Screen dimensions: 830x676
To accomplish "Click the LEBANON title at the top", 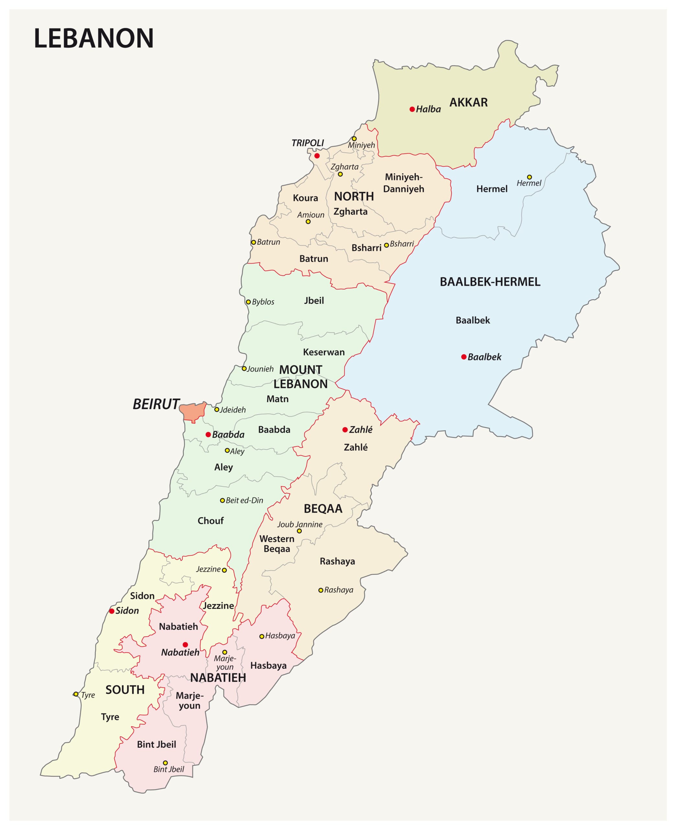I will point(94,39).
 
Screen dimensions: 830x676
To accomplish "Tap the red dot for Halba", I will point(412,109).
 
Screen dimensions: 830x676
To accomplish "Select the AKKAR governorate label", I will point(468,102).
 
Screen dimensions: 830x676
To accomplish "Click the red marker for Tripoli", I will point(317,156).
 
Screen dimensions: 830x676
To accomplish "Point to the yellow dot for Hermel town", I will point(529,177).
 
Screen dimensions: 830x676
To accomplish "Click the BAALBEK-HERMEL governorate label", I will point(490,282).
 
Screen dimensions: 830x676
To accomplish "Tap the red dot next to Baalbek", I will point(464,357).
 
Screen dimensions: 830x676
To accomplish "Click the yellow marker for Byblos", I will point(248,302).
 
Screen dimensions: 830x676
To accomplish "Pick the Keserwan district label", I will point(324,352).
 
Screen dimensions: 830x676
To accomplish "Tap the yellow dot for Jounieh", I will point(244,368).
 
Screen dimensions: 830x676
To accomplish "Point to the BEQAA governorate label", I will point(323,508).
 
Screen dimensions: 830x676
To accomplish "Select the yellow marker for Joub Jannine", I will point(299,531).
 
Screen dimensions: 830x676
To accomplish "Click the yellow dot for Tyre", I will point(76,694).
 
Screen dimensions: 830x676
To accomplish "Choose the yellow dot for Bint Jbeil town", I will point(165,763).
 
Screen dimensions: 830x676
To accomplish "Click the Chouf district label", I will point(210,521).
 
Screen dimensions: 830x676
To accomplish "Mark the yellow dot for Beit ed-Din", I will point(222,500).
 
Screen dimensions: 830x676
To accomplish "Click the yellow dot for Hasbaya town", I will point(262,636).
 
